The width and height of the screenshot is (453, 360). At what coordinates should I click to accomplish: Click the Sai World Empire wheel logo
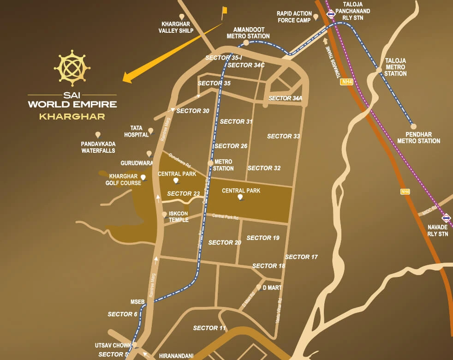72,68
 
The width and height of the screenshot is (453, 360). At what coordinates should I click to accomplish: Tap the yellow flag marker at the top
224,10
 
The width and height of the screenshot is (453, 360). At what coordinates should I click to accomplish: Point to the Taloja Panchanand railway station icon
331,14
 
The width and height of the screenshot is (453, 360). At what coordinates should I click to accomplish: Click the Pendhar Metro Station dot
413,126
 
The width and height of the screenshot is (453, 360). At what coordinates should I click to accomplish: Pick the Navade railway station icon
446,217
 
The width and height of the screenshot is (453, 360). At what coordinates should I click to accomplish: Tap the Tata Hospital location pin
150,131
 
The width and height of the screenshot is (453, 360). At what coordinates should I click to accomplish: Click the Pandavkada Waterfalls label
98,147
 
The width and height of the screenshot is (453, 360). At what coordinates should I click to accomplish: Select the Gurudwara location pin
149,153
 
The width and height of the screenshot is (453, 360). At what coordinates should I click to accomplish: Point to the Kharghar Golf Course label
125,180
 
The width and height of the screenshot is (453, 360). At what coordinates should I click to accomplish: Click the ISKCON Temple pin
164,215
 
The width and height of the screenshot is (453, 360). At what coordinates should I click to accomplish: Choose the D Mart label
272,288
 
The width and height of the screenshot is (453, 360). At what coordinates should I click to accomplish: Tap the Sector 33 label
283,136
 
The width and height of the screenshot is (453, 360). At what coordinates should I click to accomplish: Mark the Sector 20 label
225,242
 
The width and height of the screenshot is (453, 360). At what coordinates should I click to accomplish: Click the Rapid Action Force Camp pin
316,17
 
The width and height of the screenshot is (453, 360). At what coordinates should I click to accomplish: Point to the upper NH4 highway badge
346,82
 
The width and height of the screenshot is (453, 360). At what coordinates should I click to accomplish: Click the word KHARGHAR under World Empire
72,116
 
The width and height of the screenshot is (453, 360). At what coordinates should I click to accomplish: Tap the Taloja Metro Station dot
379,70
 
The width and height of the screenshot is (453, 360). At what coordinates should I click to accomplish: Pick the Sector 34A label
285,98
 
